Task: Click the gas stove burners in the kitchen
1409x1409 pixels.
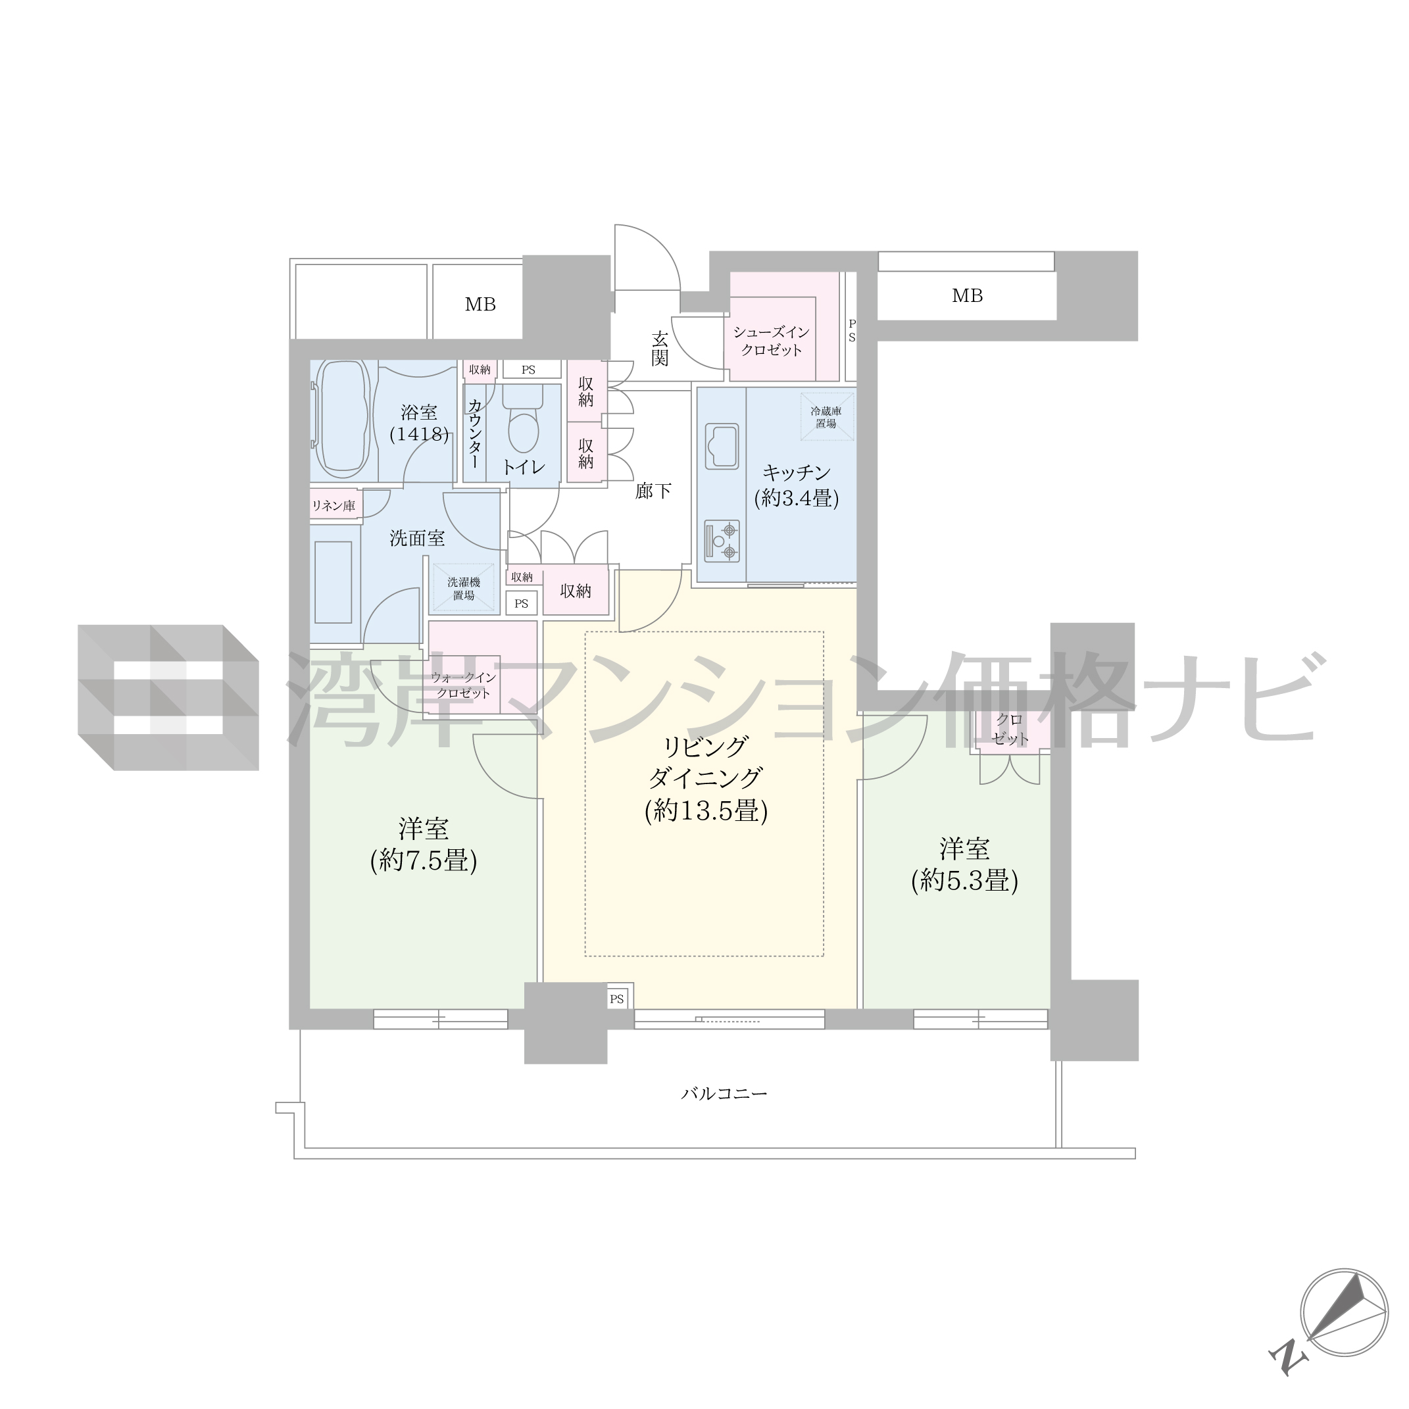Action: point(722,541)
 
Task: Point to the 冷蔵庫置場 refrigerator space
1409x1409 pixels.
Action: point(827,417)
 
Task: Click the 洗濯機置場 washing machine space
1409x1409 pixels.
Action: point(464,589)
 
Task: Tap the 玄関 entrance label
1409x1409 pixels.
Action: point(660,349)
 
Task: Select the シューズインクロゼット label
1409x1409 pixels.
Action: point(772,341)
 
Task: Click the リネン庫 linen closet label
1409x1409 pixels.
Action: point(334,505)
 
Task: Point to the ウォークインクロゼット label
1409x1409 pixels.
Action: point(463,685)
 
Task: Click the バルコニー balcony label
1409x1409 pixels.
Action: point(724,1094)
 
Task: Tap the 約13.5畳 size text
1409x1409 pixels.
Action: point(706,811)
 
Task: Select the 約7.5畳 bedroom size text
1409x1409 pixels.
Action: point(424,860)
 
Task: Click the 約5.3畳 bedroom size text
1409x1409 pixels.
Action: point(965,881)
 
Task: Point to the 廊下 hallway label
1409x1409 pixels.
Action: point(653,491)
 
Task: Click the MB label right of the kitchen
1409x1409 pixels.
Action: point(968,295)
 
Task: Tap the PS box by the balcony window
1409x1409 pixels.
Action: point(617,999)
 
